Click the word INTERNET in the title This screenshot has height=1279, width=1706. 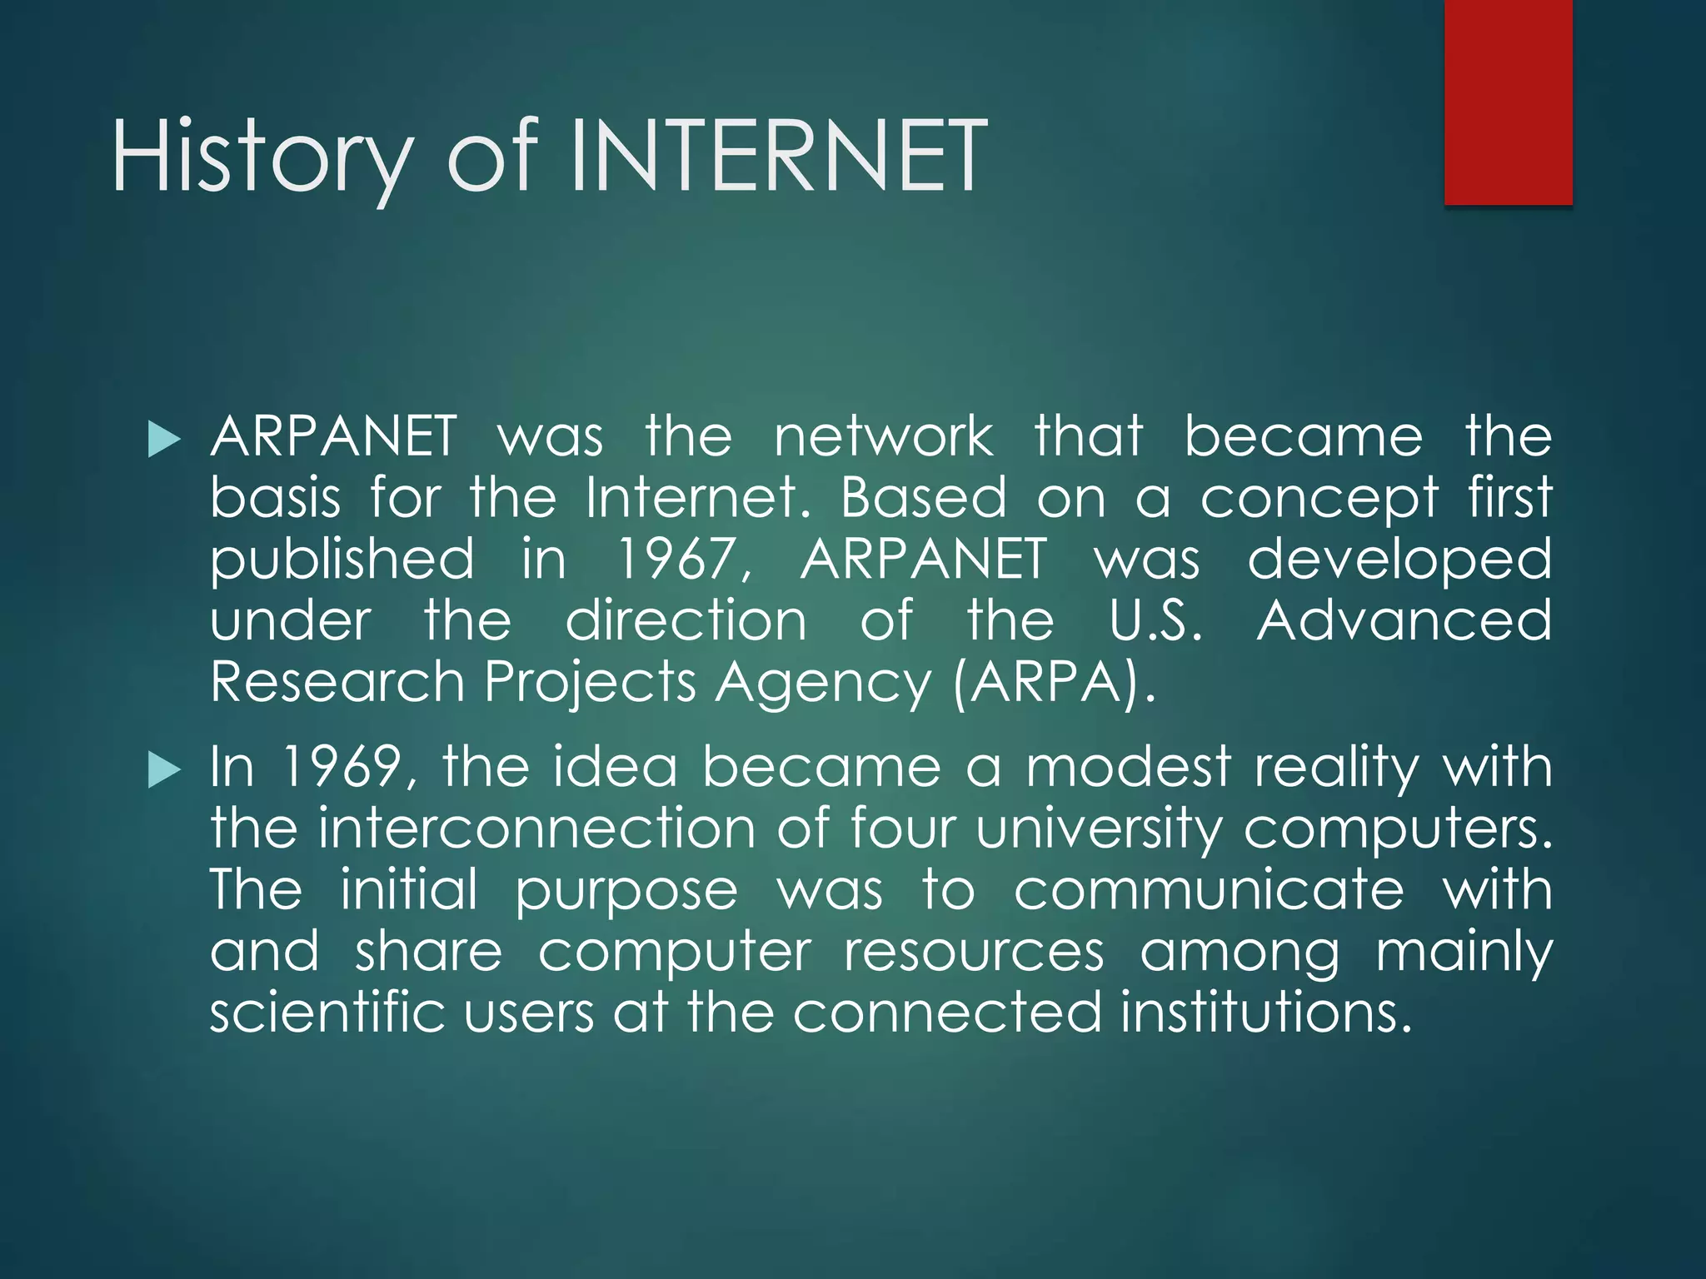[x=780, y=157]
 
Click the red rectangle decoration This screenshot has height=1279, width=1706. [x=1508, y=102]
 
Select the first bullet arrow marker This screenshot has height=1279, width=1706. [x=163, y=439]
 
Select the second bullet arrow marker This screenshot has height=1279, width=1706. [x=163, y=770]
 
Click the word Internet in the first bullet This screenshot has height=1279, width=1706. [x=696, y=498]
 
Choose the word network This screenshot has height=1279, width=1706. [x=883, y=437]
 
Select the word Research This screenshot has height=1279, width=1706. [x=337, y=683]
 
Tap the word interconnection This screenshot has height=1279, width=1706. [x=536, y=829]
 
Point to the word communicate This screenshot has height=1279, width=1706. [x=1208, y=890]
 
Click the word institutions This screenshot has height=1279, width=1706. [x=1266, y=1013]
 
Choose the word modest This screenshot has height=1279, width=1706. [x=1128, y=767]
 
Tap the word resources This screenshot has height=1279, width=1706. [x=973, y=952]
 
